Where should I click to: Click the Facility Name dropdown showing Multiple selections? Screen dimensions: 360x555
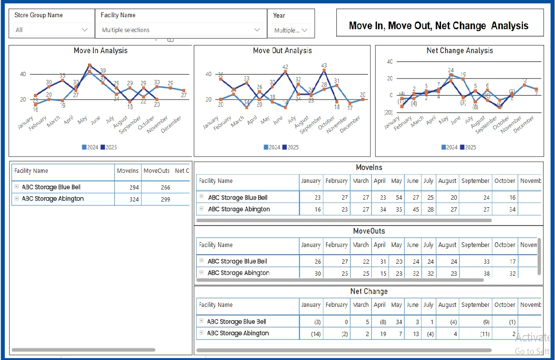(x=181, y=30)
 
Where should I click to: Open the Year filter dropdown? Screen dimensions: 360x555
(x=291, y=30)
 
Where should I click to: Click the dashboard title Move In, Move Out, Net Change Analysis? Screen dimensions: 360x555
(x=439, y=26)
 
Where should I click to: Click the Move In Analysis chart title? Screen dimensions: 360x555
(x=100, y=50)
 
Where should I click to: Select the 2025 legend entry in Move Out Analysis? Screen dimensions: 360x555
(x=290, y=147)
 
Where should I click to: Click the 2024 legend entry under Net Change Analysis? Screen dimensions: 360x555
(x=449, y=147)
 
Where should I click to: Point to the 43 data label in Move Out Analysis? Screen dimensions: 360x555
(x=324, y=66)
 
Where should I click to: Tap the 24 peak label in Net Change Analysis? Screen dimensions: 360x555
(x=451, y=70)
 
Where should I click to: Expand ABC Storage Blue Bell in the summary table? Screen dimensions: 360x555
(x=17, y=187)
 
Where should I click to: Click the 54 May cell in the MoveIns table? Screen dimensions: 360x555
(x=396, y=198)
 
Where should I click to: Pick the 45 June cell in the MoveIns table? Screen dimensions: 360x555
(x=412, y=209)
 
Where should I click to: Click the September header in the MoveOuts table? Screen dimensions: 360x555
(x=475, y=245)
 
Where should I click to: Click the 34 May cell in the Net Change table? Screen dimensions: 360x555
(x=396, y=322)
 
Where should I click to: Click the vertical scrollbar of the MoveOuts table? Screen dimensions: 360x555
(x=540, y=256)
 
